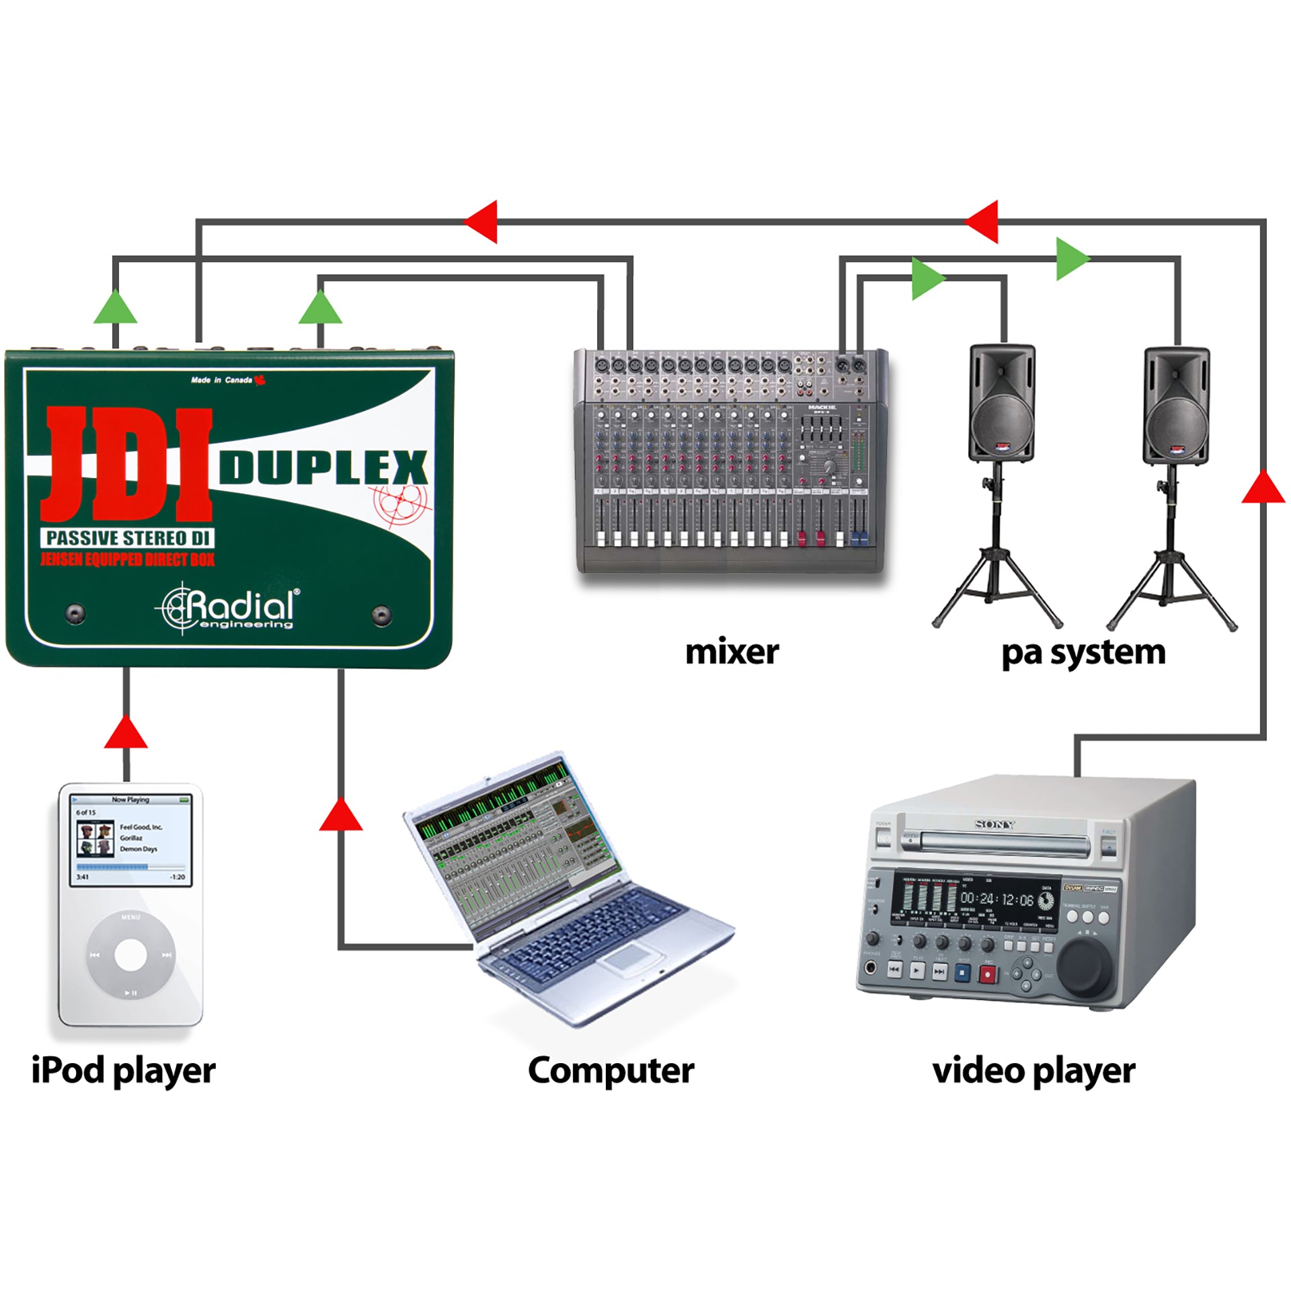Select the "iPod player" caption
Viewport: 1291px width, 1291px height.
click(x=124, y=1070)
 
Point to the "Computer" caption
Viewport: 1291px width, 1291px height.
click(x=611, y=1070)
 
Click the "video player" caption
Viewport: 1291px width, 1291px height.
click(x=1033, y=1070)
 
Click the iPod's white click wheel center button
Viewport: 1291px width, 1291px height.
click(x=130, y=955)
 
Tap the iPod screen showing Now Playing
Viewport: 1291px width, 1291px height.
click(x=131, y=840)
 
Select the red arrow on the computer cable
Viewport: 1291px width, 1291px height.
click(x=341, y=815)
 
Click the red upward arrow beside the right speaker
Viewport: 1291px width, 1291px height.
click(x=1263, y=487)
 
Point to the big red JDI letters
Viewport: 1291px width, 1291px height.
click(x=128, y=464)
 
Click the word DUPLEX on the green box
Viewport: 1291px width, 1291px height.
click(x=323, y=467)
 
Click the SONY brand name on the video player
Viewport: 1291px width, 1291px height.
click(x=995, y=824)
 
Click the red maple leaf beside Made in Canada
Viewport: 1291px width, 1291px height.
click(x=260, y=381)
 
